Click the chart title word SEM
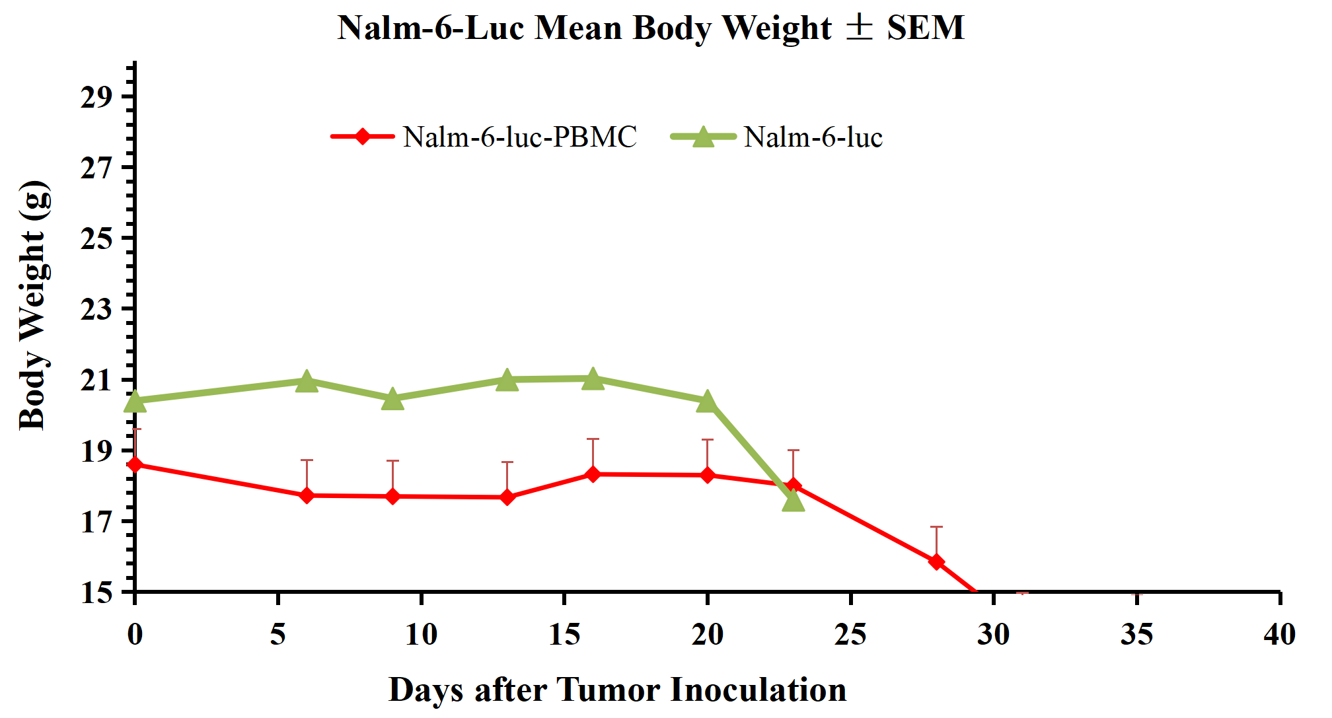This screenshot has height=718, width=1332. [925, 28]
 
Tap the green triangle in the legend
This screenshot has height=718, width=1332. [704, 137]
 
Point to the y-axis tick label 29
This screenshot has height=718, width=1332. [96, 97]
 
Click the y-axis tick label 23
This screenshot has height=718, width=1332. [96, 309]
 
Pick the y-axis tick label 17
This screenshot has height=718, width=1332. [96, 522]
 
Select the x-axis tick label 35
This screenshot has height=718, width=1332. [1136, 634]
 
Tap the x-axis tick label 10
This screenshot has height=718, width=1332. [421, 634]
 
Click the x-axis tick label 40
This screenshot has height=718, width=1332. [1279, 634]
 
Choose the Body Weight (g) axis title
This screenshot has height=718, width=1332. [33, 305]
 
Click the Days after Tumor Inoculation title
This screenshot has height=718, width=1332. [617, 690]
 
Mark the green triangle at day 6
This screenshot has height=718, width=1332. [307, 381]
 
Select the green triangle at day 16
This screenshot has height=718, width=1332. [593, 379]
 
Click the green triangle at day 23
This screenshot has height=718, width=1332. [793, 501]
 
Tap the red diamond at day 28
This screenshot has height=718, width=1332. [936, 561]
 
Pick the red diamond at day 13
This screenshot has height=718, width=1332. [507, 497]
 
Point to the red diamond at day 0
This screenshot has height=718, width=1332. [135, 464]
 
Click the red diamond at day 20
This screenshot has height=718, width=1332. [708, 475]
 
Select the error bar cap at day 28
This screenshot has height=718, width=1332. [936, 527]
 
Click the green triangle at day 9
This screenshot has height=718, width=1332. [392, 399]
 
